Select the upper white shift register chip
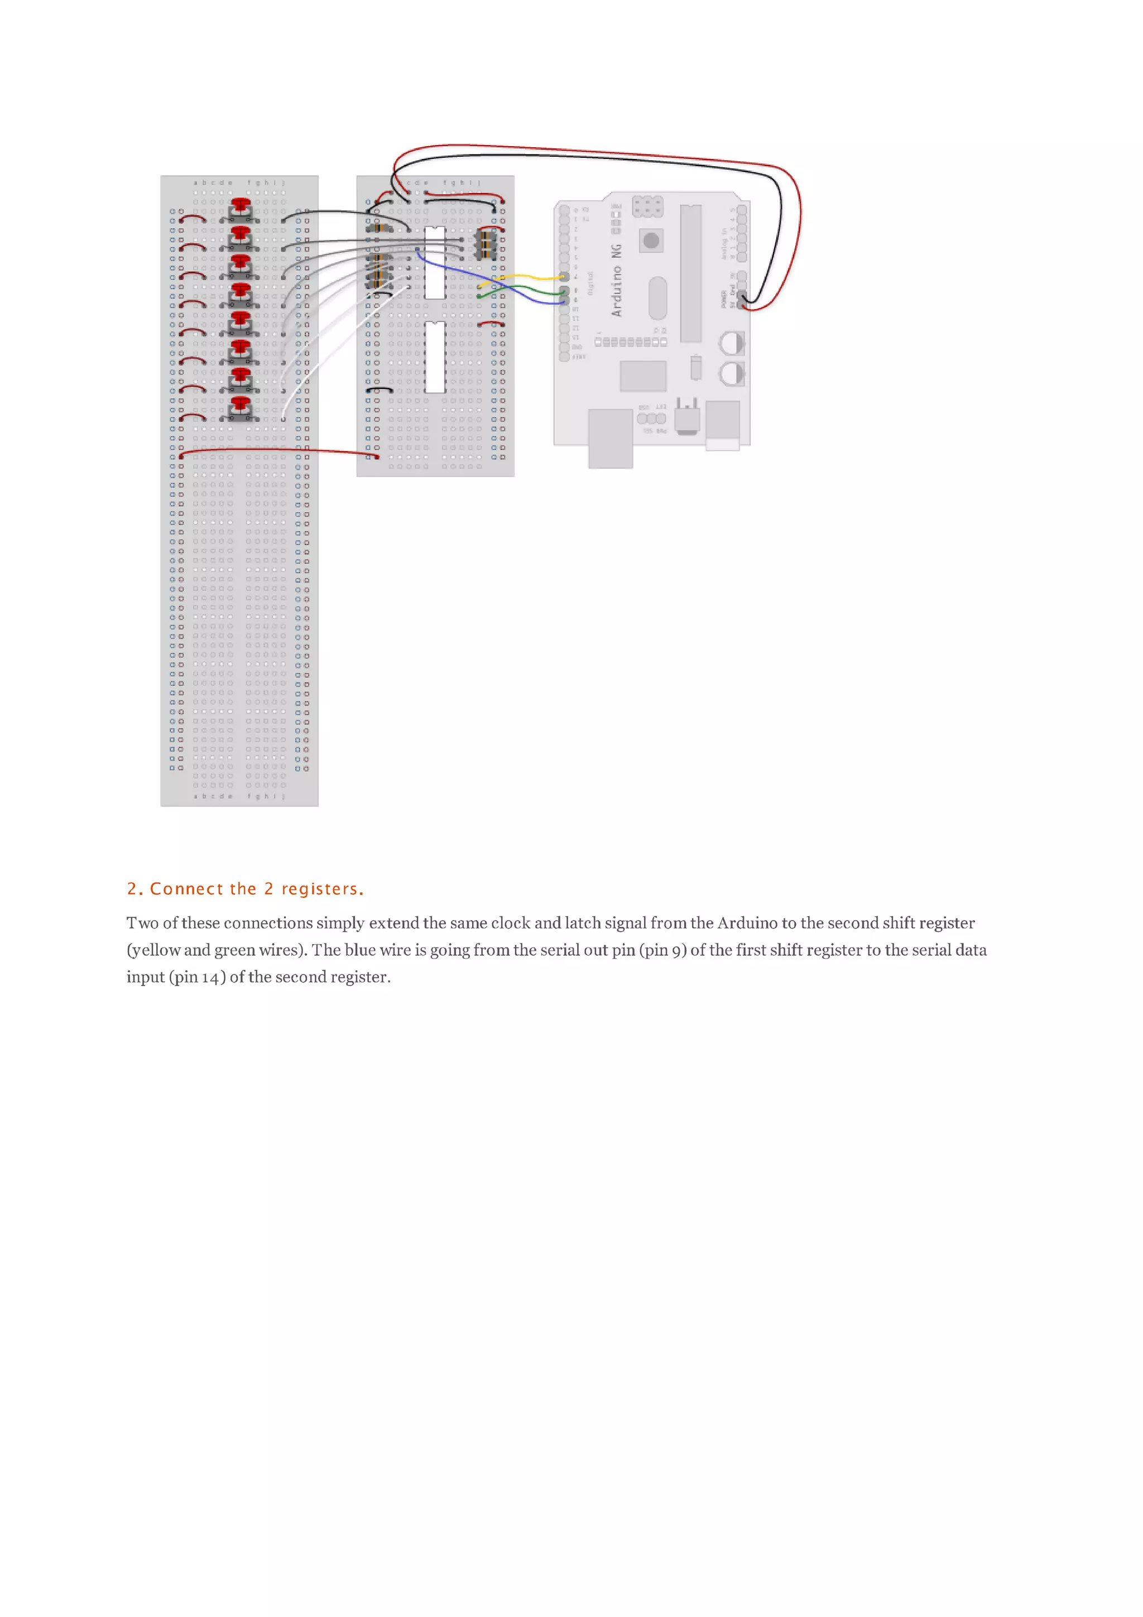tap(435, 263)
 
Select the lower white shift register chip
tap(435, 357)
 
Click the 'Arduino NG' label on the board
tap(617, 280)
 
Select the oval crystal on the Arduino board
tap(657, 297)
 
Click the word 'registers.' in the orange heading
tap(323, 889)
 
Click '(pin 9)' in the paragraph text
tap(662, 950)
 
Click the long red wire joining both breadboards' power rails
tap(282, 449)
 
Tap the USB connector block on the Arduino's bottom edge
tap(610, 438)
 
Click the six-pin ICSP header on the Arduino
tap(647, 206)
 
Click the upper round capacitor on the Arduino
tap(731, 344)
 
